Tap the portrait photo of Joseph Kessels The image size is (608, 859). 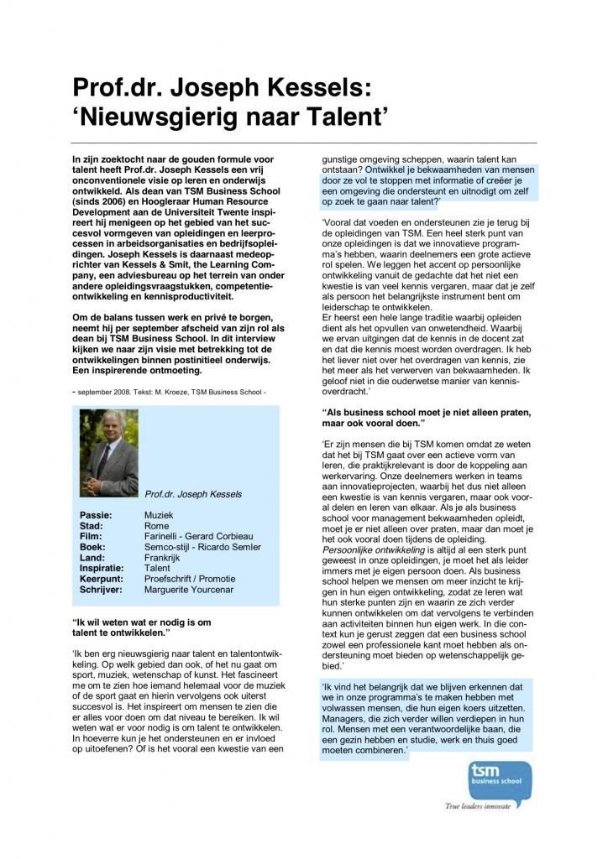tap(109, 453)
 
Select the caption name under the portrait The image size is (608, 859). tap(193, 494)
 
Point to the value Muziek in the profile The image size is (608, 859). tap(159, 513)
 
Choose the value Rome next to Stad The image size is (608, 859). tap(156, 525)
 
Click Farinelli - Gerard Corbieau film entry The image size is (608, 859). tap(198, 536)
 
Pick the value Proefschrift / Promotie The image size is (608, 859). tap(190, 579)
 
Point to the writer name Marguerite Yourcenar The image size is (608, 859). tap(191, 590)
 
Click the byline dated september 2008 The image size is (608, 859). tap(172, 391)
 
